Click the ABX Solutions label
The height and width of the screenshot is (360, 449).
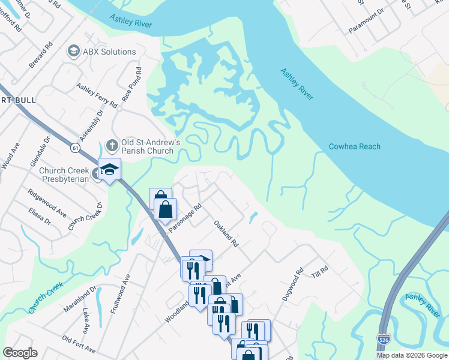(110, 52)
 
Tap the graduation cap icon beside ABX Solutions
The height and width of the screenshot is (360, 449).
(74, 52)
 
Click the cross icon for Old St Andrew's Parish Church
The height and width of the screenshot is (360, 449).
(111, 145)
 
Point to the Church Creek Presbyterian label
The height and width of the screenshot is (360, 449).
(64, 175)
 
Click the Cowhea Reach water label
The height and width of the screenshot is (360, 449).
(354, 147)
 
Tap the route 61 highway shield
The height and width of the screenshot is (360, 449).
(74, 147)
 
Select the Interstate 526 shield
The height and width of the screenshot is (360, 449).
(383, 340)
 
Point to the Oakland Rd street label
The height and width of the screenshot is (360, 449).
(226, 233)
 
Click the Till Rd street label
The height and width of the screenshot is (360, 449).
(320, 271)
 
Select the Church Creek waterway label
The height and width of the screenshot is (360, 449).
(46, 298)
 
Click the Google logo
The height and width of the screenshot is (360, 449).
(20, 353)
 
